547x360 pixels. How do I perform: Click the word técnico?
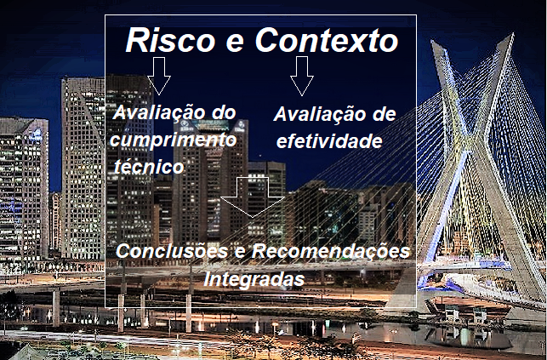(x=148, y=168)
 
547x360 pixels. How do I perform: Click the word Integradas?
(x=254, y=278)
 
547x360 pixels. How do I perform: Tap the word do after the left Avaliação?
(x=221, y=114)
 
